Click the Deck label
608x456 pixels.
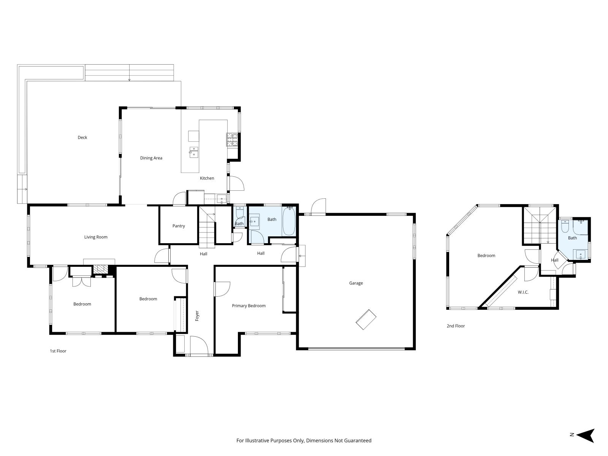point(82,138)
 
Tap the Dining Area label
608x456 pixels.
point(151,158)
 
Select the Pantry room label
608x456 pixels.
point(179,226)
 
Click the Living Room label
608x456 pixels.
point(96,237)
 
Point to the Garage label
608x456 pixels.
point(356,283)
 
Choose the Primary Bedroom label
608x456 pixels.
point(249,306)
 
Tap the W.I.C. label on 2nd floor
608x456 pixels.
point(523,292)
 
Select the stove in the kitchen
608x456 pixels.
point(232,139)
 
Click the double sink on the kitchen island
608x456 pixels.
point(194,152)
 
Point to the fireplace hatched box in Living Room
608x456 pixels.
point(100,269)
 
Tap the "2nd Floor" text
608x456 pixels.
point(456,326)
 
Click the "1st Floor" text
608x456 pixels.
point(58,351)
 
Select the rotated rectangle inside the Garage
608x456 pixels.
point(366,319)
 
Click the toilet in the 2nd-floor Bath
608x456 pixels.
point(565,226)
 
